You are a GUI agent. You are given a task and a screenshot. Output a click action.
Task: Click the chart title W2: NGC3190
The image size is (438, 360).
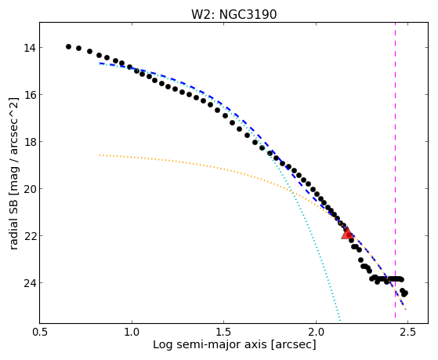pos(233,14)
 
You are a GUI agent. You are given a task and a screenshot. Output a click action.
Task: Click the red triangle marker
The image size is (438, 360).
pos(347,234)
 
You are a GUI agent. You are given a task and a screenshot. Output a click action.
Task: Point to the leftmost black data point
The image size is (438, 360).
pos(68,47)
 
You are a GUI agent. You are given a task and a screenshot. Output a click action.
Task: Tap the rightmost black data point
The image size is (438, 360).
pos(405,293)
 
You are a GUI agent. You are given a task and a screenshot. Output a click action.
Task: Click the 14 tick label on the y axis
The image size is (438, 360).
pos(30,48)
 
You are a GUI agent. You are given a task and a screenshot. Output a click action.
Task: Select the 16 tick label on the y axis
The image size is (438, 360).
pos(30,95)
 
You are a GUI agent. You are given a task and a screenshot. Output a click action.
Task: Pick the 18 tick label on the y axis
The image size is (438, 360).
pos(30,142)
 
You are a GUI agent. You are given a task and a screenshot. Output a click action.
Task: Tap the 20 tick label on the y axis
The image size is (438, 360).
pos(30,189)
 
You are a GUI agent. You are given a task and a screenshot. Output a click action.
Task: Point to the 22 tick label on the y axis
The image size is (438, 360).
pos(30,236)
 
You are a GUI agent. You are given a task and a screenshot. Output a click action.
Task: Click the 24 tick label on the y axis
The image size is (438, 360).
pos(30,283)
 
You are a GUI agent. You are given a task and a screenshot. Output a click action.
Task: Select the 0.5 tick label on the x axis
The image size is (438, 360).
pos(40,332)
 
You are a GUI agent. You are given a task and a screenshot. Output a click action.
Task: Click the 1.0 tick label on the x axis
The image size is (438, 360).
pos(132,332)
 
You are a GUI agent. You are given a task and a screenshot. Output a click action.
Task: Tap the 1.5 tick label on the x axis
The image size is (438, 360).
pos(224,332)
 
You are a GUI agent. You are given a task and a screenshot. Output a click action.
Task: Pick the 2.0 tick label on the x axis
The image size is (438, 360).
pos(316,332)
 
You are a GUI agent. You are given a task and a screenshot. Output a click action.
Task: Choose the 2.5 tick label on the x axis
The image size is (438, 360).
pos(407,332)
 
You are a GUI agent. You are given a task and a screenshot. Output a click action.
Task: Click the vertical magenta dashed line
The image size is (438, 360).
pos(395,170)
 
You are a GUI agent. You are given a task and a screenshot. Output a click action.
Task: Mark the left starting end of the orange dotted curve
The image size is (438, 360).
pos(100,155)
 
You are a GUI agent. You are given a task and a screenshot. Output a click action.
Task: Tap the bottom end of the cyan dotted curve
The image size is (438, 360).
pos(340,321)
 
